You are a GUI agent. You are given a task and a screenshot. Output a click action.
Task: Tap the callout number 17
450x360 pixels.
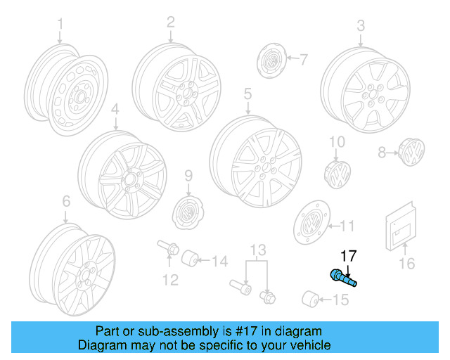point(349,256)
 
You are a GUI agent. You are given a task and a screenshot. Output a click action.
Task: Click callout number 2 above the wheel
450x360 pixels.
point(170,22)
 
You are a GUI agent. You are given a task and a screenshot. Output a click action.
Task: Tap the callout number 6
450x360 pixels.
point(65,201)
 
